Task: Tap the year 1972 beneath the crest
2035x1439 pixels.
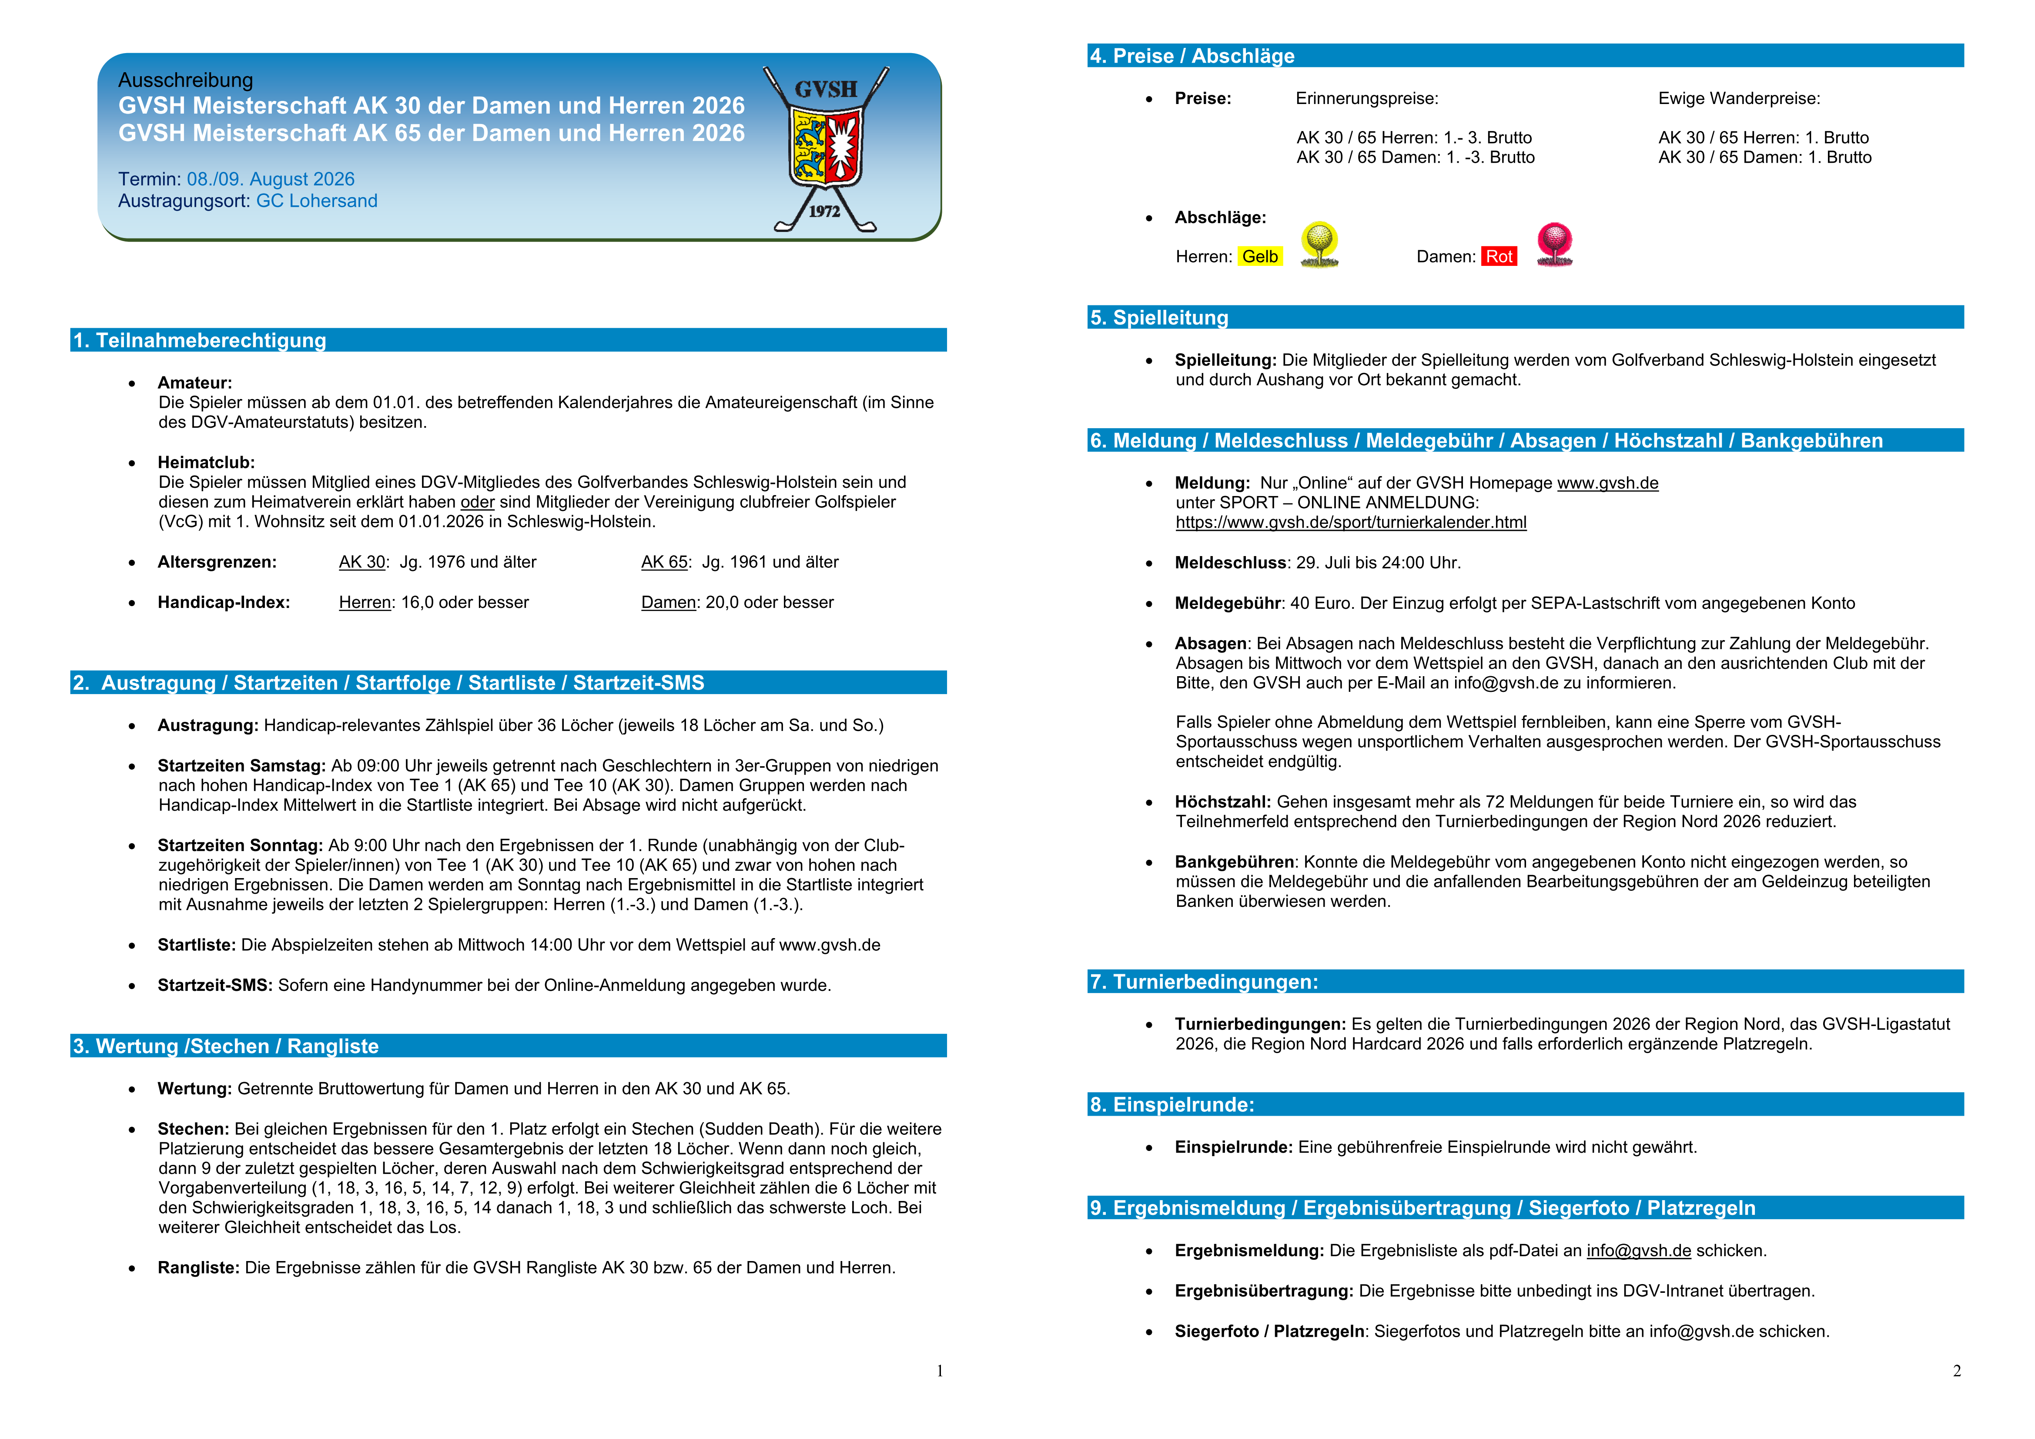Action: click(x=824, y=211)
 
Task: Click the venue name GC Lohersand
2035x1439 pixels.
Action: click(x=316, y=201)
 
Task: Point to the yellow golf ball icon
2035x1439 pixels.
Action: click(x=1319, y=244)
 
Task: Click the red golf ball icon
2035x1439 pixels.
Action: click(x=1555, y=244)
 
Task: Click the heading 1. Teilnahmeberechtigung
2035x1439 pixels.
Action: click(x=200, y=340)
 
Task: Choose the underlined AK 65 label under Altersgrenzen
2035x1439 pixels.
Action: click(x=664, y=562)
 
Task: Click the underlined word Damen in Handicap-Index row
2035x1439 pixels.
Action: click(x=668, y=603)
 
